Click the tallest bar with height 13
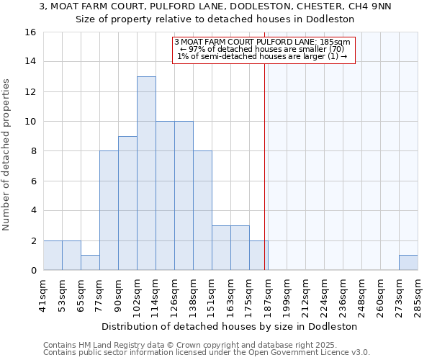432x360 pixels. pyautogui.click(x=146, y=173)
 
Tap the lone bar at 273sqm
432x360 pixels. pyautogui.click(x=408, y=263)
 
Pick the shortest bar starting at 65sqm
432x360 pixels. pyautogui.click(x=90, y=263)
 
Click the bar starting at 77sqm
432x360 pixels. pyautogui.click(x=109, y=210)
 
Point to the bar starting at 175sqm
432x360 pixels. pyautogui.click(x=258, y=256)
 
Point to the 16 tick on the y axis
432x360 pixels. pyautogui.click(x=30, y=32)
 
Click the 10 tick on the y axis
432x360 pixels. pyautogui.click(x=30, y=122)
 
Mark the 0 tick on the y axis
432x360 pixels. pyautogui.click(x=33, y=271)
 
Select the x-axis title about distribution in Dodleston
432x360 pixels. pyautogui.click(x=230, y=326)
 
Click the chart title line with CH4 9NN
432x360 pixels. pyautogui.click(x=215, y=7)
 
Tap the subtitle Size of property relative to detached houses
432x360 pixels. pyautogui.click(x=215, y=19)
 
